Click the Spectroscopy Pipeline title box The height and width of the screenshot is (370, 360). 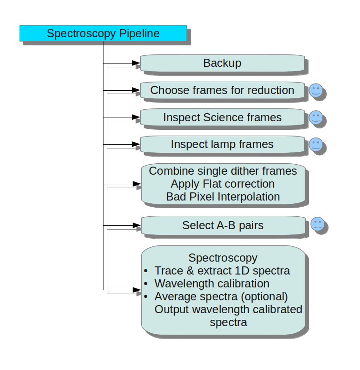(x=103, y=33)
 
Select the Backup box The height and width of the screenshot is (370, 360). (x=222, y=63)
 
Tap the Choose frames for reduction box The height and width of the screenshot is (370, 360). (x=222, y=90)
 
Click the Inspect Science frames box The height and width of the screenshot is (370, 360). (x=222, y=117)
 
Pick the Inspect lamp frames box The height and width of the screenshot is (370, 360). (x=222, y=144)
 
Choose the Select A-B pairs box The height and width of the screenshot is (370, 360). (x=223, y=225)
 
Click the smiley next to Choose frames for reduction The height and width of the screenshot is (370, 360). (x=316, y=91)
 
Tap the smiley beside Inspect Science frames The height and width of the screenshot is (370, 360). (x=316, y=117)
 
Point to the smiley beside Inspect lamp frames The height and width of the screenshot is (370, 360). (x=316, y=144)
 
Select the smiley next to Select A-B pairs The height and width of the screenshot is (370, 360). (x=318, y=224)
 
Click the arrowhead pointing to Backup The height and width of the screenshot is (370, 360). (x=136, y=63)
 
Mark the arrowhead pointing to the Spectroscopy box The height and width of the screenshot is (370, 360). (x=136, y=290)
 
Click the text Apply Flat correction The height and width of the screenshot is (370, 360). (x=223, y=184)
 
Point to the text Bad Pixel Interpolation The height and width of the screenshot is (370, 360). (x=223, y=197)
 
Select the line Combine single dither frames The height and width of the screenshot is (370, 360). (x=223, y=171)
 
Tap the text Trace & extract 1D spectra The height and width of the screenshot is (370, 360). (x=222, y=271)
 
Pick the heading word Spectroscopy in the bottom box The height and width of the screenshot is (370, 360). (x=223, y=258)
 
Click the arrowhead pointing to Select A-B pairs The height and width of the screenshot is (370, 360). (x=136, y=225)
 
